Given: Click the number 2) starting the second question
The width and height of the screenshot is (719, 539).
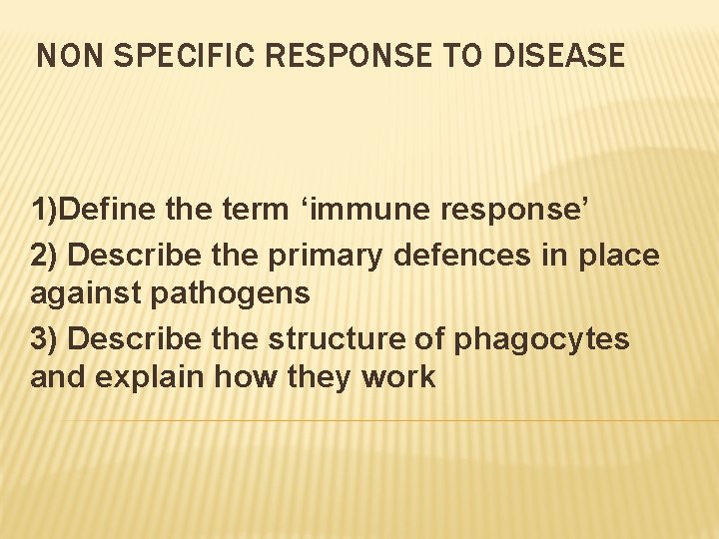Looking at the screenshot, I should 46,255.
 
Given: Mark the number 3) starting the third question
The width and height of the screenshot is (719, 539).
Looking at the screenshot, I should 46,338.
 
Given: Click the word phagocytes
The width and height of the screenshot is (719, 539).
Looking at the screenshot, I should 541,338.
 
